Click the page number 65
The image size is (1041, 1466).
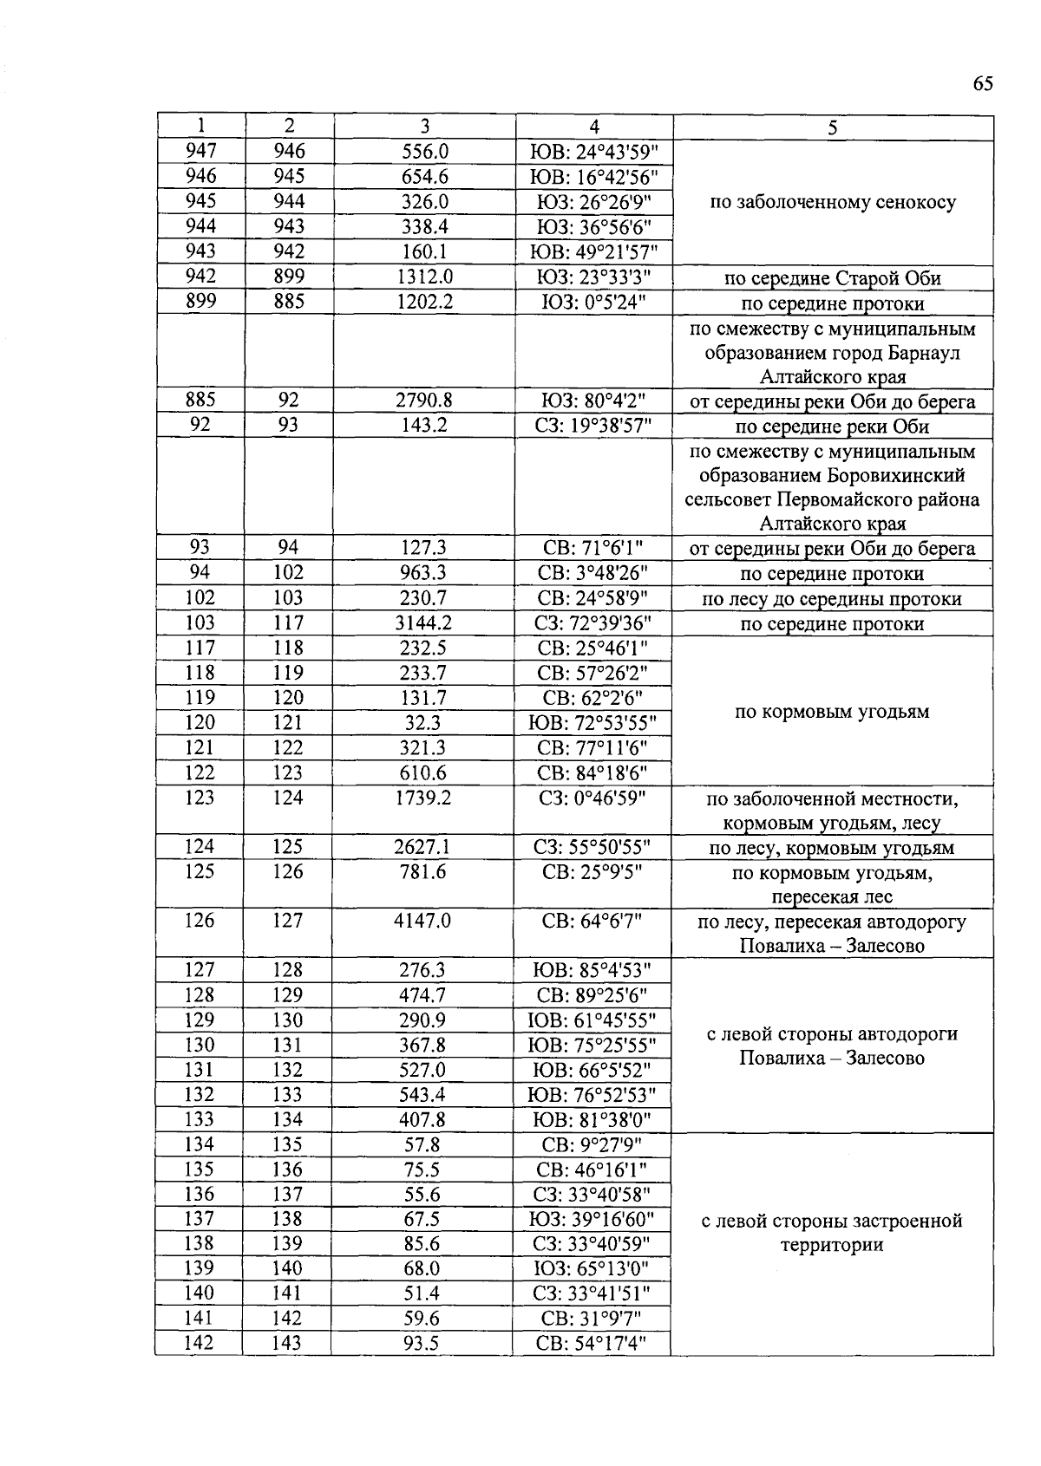point(982,84)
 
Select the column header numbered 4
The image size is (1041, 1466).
point(594,127)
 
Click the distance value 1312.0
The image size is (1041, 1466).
point(424,277)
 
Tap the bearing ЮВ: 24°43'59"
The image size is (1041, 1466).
point(594,152)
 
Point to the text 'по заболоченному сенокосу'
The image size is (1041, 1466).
point(833,203)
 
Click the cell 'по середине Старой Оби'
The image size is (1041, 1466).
point(833,278)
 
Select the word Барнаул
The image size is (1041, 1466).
point(923,354)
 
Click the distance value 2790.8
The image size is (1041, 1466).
point(424,401)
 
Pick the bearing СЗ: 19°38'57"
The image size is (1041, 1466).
point(594,426)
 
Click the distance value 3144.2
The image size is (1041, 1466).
point(424,622)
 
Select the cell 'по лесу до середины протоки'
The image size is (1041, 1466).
point(833,599)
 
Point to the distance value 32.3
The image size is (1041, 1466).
point(424,722)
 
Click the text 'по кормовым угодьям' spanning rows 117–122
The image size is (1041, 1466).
point(833,712)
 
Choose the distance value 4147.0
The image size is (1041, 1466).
point(424,921)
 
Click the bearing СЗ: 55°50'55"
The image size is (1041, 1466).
point(594,847)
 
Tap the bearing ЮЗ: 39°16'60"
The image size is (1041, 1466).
point(594,1219)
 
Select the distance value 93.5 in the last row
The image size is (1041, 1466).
point(422,1343)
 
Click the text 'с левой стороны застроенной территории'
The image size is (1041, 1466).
point(833,1232)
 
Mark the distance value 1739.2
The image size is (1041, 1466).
point(424,798)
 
